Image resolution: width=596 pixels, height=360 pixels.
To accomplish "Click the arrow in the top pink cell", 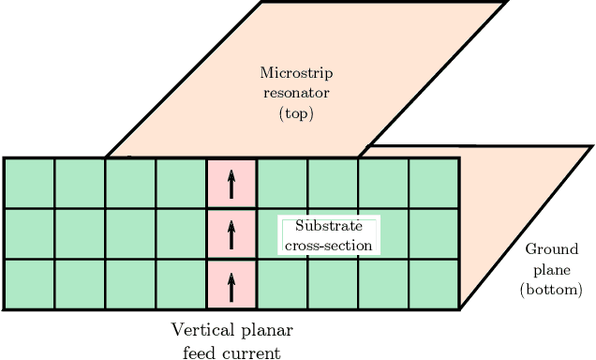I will pyautogui.click(x=231, y=183).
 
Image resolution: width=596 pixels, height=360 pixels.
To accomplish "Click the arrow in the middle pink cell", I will pyautogui.click(x=231, y=233).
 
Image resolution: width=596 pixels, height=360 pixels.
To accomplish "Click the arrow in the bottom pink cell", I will pyautogui.click(x=231, y=284).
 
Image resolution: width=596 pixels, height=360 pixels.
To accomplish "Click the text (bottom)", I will pyautogui.click(x=551, y=291).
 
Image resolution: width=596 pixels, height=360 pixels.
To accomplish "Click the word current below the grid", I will pyautogui.click(x=250, y=352).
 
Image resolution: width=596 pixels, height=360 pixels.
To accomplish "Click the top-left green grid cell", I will pyautogui.click(x=29, y=183).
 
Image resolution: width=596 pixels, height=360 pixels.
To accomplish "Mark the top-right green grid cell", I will pyautogui.click(x=434, y=183).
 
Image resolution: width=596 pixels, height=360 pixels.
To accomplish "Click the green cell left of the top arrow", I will pyautogui.click(x=181, y=183).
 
